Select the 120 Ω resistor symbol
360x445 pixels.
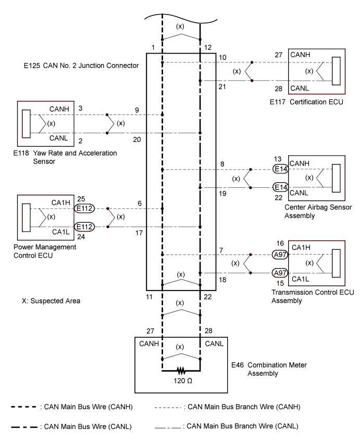click(181, 371)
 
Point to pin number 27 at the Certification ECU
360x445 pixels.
click(279, 54)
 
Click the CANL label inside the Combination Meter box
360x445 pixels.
click(214, 343)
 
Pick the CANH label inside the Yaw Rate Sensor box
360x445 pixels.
click(58, 108)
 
